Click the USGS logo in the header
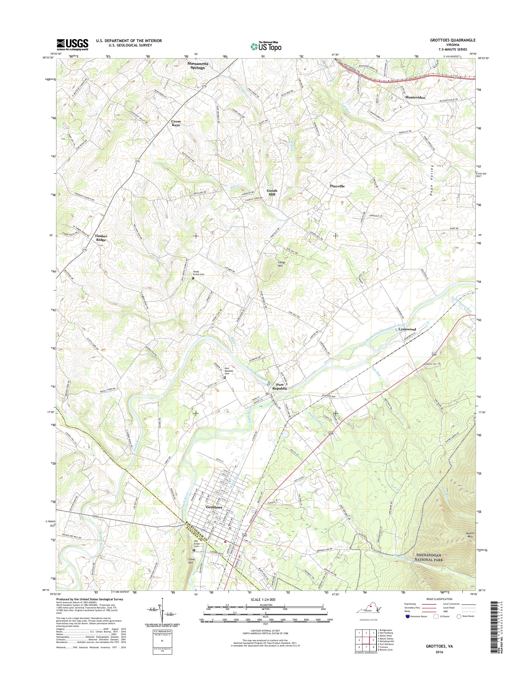click(x=72, y=44)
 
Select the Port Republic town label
click(x=279, y=387)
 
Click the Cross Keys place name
click(x=176, y=123)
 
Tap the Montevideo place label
click(x=415, y=98)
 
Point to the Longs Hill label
click(x=281, y=264)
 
